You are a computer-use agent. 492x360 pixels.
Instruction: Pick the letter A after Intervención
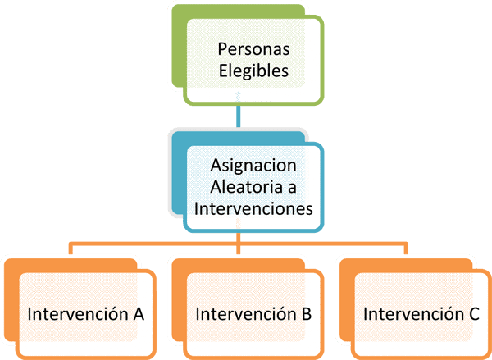pos(139,313)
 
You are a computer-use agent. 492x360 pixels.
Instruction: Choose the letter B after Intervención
pos(306,313)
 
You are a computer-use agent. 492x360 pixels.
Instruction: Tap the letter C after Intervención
pos(473,313)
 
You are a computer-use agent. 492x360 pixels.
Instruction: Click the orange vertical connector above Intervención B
pos(238,246)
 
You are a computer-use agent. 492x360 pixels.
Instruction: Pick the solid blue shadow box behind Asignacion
pos(177,164)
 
